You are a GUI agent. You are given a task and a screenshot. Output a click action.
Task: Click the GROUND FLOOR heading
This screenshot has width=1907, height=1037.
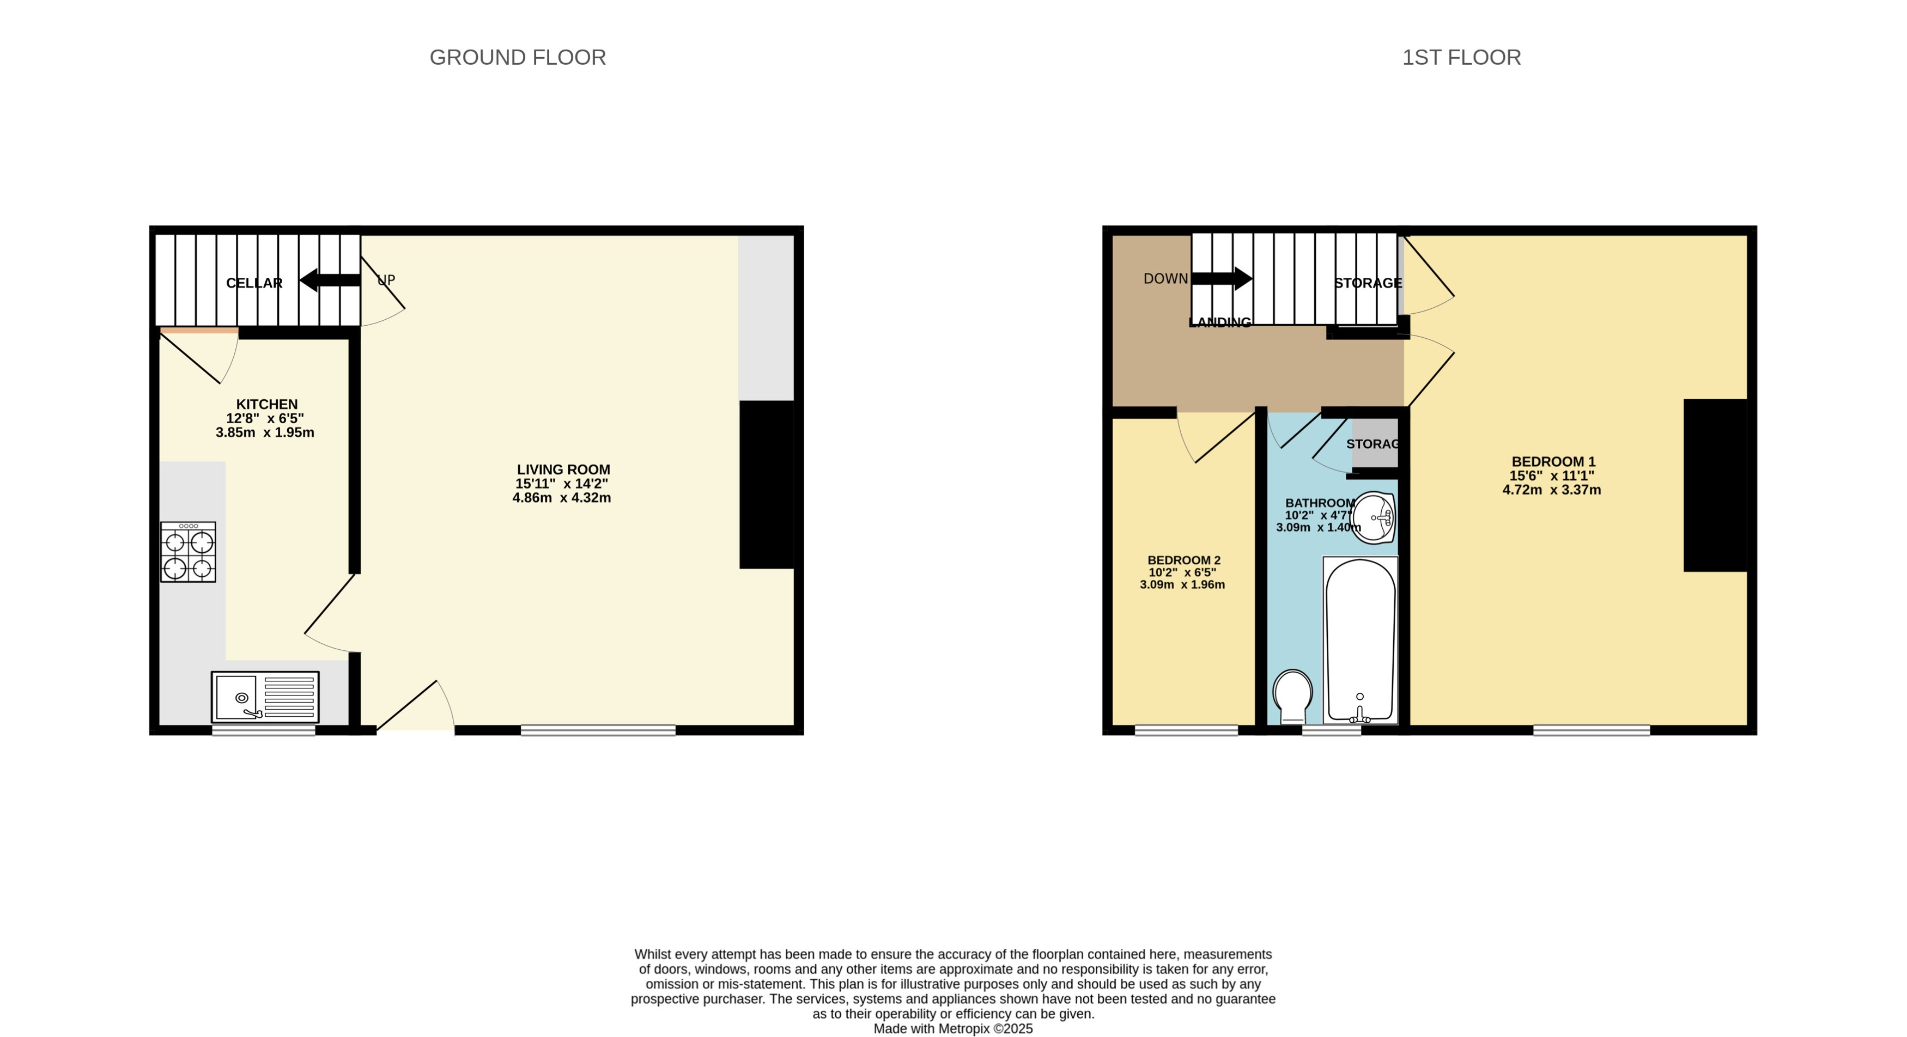pyautogui.click(x=518, y=57)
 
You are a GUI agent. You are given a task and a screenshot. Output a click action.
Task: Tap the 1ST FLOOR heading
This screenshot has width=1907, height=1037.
pyautogui.click(x=1461, y=57)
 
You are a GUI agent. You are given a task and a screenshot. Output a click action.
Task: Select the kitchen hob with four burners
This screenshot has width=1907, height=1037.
pyautogui.click(x=188, y=552)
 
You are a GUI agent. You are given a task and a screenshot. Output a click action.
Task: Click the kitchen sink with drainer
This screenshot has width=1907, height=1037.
pyautogui.click(x=265, y=697)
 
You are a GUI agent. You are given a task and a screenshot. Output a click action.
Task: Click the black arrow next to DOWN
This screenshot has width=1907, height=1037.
pyautogui.click(x=1222, y=279)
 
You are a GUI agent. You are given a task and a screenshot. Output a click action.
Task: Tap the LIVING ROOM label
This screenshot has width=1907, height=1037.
pyautogui.click(x=563, y=469)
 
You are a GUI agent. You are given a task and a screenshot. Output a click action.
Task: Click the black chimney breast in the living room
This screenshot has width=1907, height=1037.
pyautogui.click(x=766, y=484)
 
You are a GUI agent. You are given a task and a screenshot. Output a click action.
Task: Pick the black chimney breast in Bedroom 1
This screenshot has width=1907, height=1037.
pyautogui.click(x=1715, y=486)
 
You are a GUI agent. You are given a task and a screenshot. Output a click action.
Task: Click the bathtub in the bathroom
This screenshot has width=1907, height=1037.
pyautogui.click(x=1360, y=640)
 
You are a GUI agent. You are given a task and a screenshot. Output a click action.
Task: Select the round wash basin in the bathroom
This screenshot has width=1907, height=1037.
pyautogui.click(x=1375, y=517)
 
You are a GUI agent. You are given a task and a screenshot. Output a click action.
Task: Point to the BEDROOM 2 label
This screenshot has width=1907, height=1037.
pyautogui.click(x=1183, y=560)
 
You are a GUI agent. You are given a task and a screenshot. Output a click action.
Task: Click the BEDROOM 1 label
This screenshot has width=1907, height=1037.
pyautogui.click(x=1552, y=461)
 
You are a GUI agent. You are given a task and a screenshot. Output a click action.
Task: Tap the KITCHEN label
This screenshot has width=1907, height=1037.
pyautogui.click(x=266, y=404)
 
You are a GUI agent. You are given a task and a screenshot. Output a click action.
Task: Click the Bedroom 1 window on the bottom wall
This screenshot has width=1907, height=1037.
pyautogui.click(x=1591, y=730)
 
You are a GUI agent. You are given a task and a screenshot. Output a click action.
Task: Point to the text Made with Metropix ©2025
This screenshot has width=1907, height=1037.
pyautogui.click(x=953, y=1029)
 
